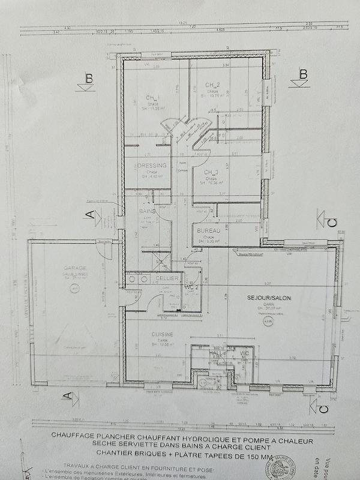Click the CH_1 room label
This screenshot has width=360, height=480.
(152, 98)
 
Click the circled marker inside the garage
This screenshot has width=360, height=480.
(74, 289)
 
